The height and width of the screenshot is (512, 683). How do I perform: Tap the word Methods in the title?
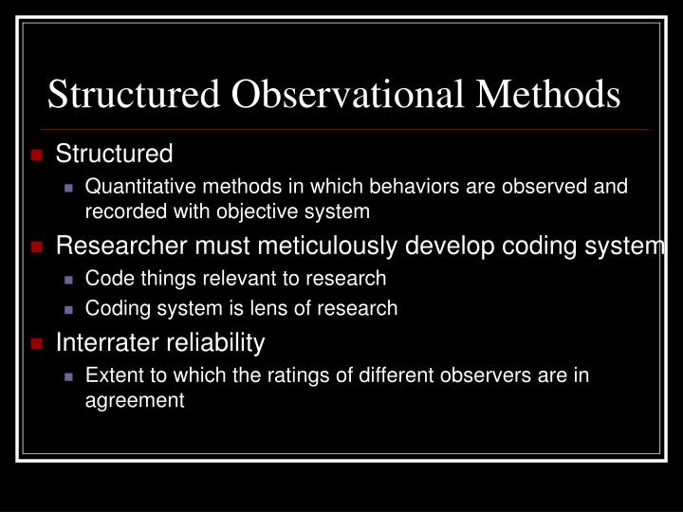click(x=551, y=95)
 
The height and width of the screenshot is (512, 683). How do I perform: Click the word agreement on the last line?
click(x=135, y=400)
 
